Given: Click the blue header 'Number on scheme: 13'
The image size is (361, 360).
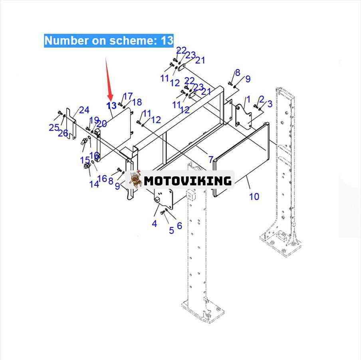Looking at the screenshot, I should (x=109, y=40).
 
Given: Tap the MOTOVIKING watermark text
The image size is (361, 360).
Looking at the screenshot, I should (x=188, y=181).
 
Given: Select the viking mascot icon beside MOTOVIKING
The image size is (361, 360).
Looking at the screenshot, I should (x=136, y=179).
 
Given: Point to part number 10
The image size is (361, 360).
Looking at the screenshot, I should (x=254, y=196).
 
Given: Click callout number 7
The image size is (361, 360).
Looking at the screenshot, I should (x=210, y=160).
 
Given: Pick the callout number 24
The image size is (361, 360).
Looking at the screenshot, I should (x=84, y=110).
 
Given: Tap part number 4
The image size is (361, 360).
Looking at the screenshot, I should (x=155, y=224).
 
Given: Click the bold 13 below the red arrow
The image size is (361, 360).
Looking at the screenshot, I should (x=111, y=106).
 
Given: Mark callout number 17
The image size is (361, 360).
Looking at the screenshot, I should (x=128, y=96).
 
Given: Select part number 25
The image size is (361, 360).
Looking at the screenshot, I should (x=54, y=127).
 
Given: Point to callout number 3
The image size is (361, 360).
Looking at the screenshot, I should (x=270, y=104).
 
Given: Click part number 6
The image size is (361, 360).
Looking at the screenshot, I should (x=179, y=226).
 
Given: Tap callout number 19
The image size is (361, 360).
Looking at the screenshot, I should (x=94, y=120).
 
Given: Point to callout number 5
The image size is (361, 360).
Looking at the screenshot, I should (x=171, y=231).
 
